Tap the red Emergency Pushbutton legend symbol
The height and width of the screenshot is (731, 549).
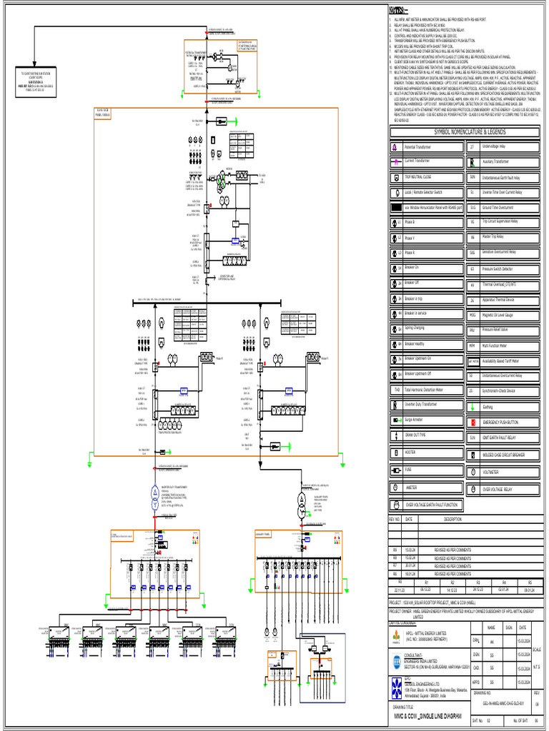tap(472, 423)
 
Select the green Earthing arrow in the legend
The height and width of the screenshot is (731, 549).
tap(472, 407)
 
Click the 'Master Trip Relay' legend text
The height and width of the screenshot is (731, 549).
tap(493, 236)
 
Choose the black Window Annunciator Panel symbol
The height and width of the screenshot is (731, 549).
tap(396, 207)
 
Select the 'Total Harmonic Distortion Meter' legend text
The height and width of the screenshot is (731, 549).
tap(430, 390)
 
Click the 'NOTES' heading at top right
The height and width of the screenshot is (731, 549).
tap(400, 10)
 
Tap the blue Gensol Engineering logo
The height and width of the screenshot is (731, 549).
tap(396, 686)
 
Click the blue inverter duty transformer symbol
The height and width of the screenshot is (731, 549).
tap(154, 495)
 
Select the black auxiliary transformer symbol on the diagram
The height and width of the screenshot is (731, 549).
tap(301, 498)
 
